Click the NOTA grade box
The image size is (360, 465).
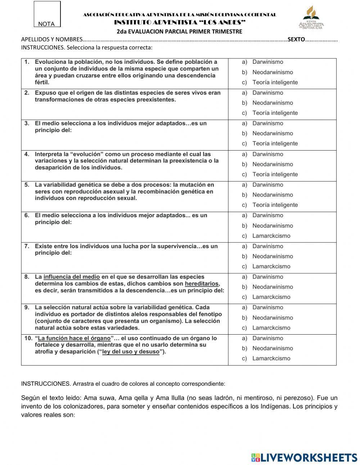47,14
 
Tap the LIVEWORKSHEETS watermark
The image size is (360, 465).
304,457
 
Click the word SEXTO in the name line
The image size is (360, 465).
296,40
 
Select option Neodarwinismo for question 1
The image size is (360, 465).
272,72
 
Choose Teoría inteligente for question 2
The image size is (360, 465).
275,113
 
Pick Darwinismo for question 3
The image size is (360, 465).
267,123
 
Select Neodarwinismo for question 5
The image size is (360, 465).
272,195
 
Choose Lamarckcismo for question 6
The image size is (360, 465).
271,236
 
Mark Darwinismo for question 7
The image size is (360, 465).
267,246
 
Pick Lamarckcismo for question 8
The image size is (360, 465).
271,297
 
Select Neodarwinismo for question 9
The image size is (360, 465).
272,318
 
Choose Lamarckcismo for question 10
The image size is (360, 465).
271,358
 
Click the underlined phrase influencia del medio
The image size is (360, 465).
72,277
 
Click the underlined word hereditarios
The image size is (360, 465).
202,284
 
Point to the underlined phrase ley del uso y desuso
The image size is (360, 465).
131,352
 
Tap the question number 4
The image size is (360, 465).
27,154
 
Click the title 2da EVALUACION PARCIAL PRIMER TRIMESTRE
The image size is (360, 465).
179,31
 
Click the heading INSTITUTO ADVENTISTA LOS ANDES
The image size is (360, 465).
180,22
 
